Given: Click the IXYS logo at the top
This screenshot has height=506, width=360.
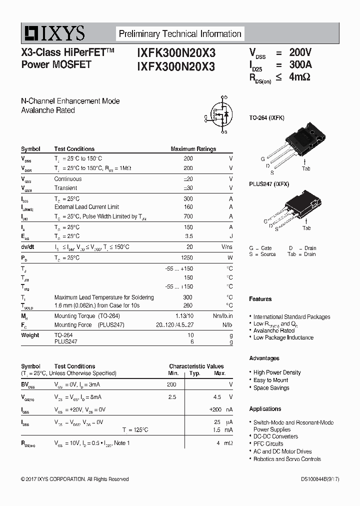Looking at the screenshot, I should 53,34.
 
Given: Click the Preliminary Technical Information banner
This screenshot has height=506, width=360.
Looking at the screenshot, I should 180,34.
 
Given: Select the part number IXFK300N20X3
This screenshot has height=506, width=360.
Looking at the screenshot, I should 176,53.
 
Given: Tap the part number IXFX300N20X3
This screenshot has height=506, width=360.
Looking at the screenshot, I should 176,66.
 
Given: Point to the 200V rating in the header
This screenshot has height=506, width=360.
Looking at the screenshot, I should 300,52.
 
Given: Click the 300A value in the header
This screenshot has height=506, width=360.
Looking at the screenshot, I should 301,64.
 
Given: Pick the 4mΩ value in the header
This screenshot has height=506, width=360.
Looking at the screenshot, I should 299,77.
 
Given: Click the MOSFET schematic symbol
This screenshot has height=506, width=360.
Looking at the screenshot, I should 220,114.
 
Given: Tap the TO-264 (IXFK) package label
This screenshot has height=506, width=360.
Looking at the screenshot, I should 267,118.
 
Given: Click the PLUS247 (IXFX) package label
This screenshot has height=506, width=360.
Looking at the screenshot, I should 269,184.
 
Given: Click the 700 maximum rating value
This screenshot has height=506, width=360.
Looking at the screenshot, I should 188,216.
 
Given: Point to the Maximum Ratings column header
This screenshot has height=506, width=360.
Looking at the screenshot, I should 193,149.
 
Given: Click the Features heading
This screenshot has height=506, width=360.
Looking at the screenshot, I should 260,299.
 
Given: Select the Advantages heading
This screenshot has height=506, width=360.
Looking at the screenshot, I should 264,358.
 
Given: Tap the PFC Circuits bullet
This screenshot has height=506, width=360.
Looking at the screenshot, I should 268,444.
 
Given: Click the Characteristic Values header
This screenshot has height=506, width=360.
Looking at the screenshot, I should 196,366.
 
